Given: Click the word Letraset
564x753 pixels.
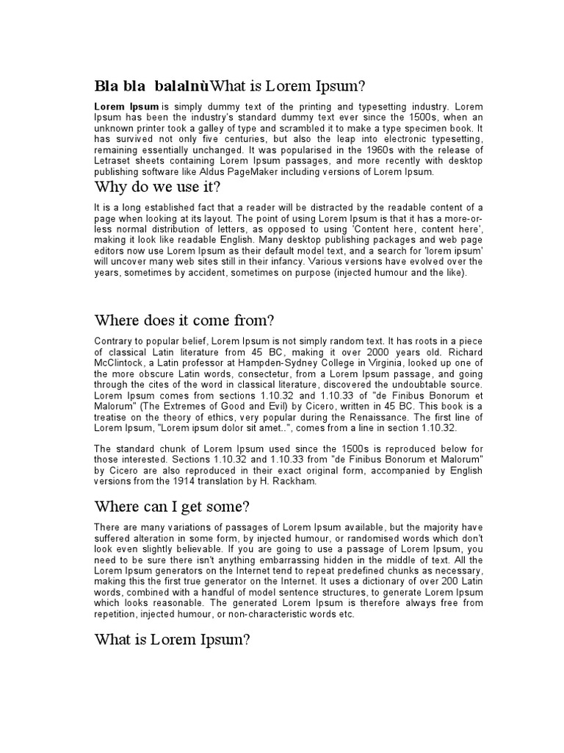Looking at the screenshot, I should pos(116,161).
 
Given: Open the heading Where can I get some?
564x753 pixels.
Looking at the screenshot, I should pos(172,507).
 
